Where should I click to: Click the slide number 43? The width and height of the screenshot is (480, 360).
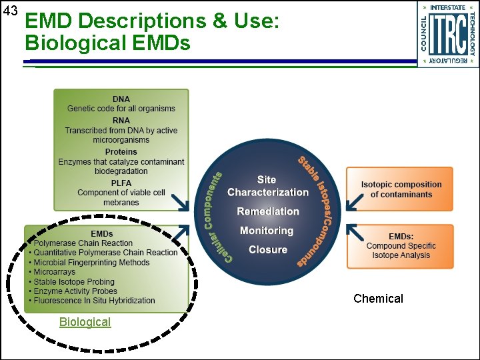click(x=10, y=11)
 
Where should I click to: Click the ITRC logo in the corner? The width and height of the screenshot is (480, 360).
click(x=448, y=34)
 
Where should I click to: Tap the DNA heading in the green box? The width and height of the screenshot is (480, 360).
click(x=121, y=99)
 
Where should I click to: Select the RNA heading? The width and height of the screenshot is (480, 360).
click(x=121, y=121)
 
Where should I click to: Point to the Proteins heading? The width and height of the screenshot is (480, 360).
click(x=121, y=152)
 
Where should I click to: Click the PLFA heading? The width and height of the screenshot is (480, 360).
click(x=121, y=183)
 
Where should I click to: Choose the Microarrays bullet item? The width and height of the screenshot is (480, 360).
click(x=55, y=272)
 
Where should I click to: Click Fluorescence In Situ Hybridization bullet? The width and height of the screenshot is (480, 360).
click(x=94, y=301)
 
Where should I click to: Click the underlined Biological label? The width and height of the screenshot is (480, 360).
click(x=85, y=322)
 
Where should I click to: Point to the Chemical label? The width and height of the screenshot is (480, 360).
click(x=378, y=299)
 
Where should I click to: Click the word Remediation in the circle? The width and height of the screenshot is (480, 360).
click(x=268, y=211)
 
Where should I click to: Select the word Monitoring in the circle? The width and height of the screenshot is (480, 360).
click(x=267, y=231)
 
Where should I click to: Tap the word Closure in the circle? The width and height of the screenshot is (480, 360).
click(x=268, y=250)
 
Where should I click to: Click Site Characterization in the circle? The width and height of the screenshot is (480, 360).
click(x=268, y=186)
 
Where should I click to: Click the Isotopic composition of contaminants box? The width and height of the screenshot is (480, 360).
click(x=400, y=189)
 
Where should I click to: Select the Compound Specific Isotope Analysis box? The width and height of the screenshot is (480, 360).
click(x=400, y=246)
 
